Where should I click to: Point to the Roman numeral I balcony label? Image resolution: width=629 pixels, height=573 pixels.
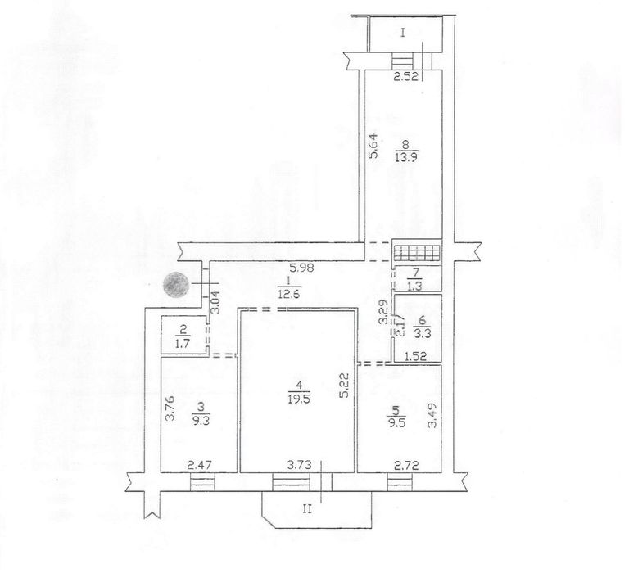[x=403, y=34]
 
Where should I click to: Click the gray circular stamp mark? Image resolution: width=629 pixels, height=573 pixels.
[x=176, y=286]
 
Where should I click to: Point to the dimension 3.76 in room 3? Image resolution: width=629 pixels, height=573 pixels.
[x=169, y=408]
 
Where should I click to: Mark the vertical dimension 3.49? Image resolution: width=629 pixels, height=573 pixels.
[x=433, y=416]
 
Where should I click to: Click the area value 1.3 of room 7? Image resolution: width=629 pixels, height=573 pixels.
[x=415, y=285]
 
